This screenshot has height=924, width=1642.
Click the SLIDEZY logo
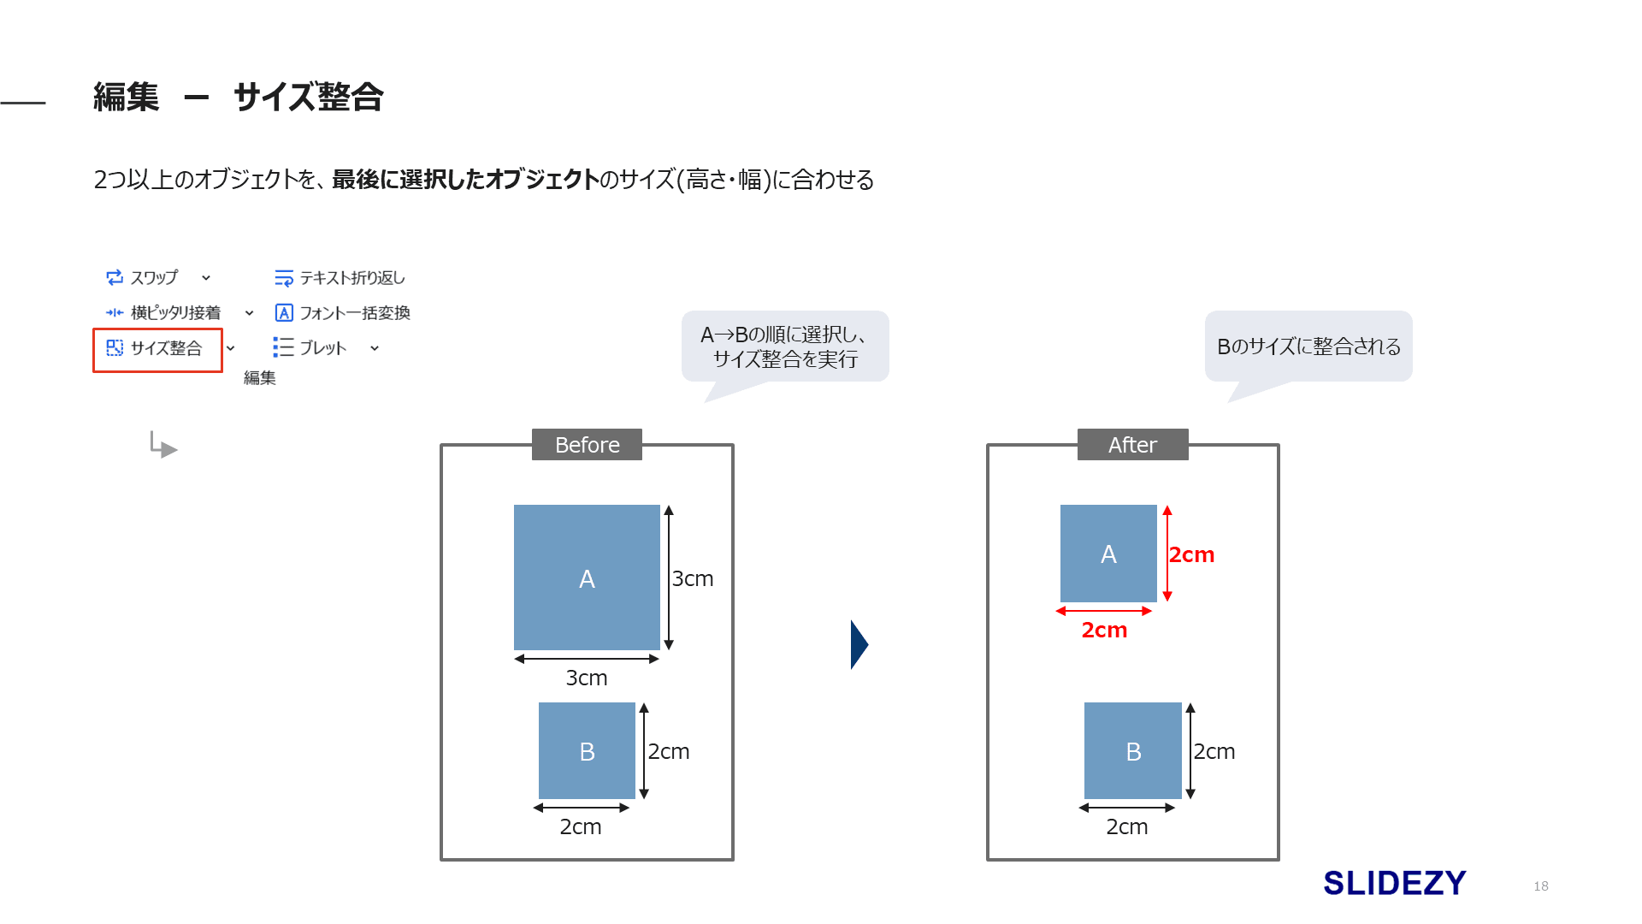[1394, 883]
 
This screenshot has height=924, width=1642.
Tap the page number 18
[1541, 886]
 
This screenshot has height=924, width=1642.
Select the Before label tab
[587, 445]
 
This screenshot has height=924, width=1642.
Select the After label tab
[1132, 445]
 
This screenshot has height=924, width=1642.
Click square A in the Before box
[587, 577]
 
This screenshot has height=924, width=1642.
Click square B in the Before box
[587, 751]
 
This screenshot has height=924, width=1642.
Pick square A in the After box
[1108, 554]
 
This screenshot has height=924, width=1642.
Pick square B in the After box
[1132, 751]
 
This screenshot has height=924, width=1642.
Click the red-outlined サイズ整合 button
[157, 349]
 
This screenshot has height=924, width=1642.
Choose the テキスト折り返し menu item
[340, 278]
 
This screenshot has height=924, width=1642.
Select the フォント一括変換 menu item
[342, 313]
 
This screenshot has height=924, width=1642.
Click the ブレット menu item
[311, 348]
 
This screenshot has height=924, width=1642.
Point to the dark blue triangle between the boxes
[859, 644]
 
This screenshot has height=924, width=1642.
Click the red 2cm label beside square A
[1191, 554]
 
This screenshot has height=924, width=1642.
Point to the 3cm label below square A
[587, 678]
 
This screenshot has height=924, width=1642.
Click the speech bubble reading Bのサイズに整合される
[1308, 346]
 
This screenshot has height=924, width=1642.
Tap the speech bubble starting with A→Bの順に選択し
[785, 346]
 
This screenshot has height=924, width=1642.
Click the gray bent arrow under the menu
[162, 445]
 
